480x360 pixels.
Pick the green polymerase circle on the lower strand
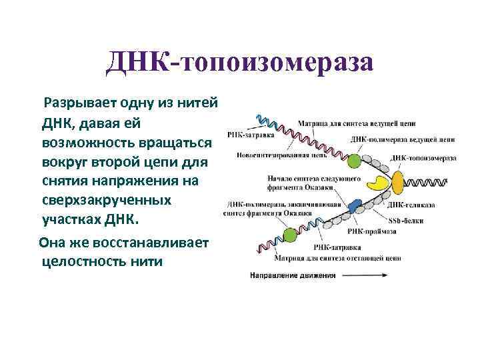pos(289,234)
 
